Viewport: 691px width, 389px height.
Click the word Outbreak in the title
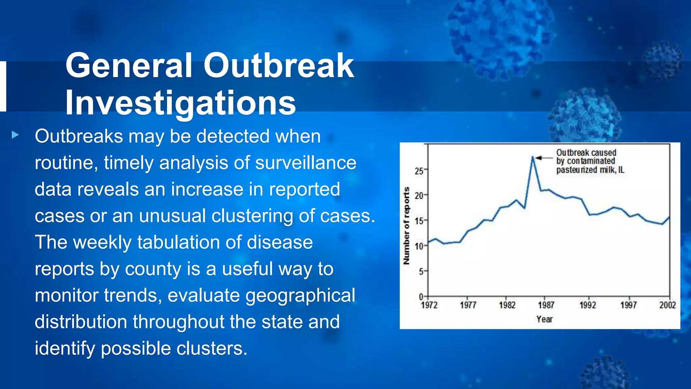[278, 66]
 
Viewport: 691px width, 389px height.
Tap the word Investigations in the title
[181, 103]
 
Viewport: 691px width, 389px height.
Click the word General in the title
[129, 66]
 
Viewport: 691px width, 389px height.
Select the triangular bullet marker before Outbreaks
[15, 135]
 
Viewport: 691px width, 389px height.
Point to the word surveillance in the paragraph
[306, 163]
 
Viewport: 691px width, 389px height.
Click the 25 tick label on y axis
[419, 171]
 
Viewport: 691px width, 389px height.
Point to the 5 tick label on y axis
[421, 272]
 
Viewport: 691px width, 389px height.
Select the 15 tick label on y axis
[419, 222]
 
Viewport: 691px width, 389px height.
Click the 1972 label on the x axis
[429, 305]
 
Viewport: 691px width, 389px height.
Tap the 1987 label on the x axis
[546, 305]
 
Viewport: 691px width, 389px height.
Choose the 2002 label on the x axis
[667, 305]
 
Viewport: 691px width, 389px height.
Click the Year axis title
[545, 319]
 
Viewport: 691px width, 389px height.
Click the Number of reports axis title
[407, 226]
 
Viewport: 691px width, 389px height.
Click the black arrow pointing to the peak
[543, 158]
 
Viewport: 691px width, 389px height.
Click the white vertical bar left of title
[3, 86]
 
